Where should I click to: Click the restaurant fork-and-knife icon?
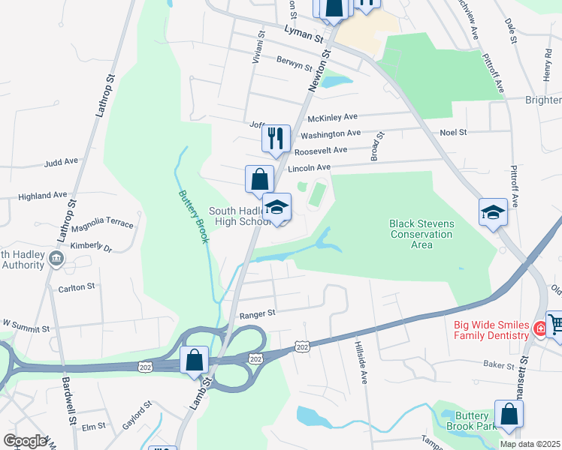pyautogui.click(x=276, y=138)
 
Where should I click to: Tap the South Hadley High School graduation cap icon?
pyautogui.click(x=277, y=208)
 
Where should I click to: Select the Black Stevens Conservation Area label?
pyautogui.click(x=421, y=234)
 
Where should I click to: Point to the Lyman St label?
pyautogui.click(x=304, y=32)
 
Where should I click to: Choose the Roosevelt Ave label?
pyautogui.click(x=321, y=150)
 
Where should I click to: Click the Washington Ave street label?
pyautogui.click(x=331, y=134)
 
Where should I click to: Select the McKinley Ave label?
pyautogui.click(x=332, y=117)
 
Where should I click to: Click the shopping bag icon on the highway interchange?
pyautogui.click(x=195, y=360)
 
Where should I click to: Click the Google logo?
pyautogui.click(x=26, y=441)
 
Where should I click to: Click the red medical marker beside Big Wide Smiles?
pyautogui.click(x=539, y=328)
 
